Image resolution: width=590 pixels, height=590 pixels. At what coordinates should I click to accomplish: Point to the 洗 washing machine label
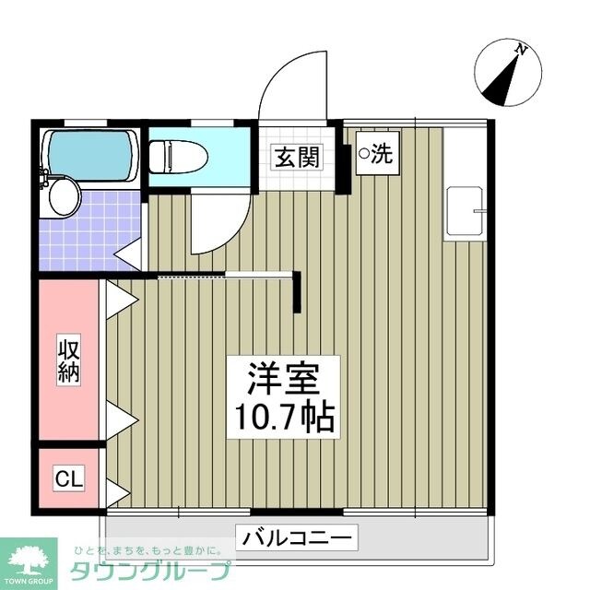[x=382, y=154]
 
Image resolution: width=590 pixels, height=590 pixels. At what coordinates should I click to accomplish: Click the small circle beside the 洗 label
[x=364, y=154]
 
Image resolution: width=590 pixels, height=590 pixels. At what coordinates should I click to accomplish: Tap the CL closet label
[x=68, y=478]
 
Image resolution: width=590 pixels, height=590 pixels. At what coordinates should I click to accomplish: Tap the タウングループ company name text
[x=156, y=569]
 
